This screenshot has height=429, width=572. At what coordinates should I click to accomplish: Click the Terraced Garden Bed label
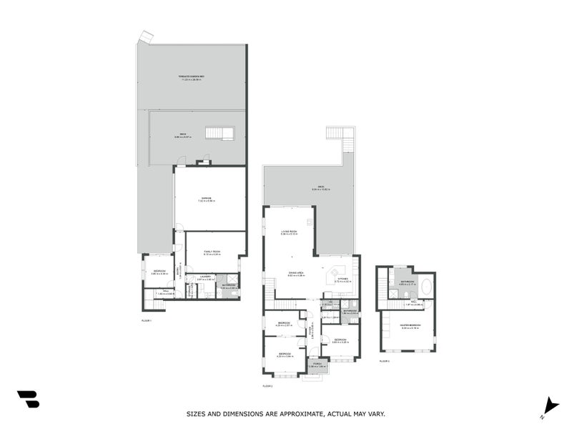click(x=192, y=77)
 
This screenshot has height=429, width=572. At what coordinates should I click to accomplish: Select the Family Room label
click(x=212, y=251)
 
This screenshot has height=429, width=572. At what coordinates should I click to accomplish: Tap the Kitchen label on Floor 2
click(x=342, y=279)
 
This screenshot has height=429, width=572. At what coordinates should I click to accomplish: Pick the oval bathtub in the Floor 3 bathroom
click(x=426, y=287)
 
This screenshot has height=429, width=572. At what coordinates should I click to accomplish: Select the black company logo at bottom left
click(x=28, y=399)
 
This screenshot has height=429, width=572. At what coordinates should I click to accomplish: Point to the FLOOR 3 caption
click(x=385, y=361)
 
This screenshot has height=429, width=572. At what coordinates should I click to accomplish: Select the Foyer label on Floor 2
click(x=312, y=331)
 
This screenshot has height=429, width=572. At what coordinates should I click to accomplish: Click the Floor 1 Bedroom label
click(x=158, y=271)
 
